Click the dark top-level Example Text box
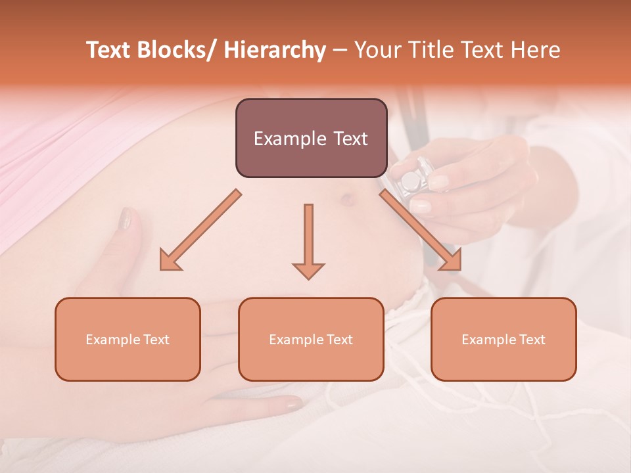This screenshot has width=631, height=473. point(311,138)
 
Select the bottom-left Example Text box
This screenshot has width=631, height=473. point(128,339)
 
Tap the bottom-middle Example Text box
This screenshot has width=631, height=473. point(311,339)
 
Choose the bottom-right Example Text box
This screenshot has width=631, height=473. point(503,339)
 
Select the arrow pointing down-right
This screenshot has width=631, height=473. point(421,231)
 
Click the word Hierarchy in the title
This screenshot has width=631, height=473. point(274,50)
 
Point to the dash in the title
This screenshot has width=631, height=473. point(339,51)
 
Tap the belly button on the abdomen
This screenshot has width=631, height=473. point(347,198)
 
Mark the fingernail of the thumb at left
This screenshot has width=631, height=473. point(126,218)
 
